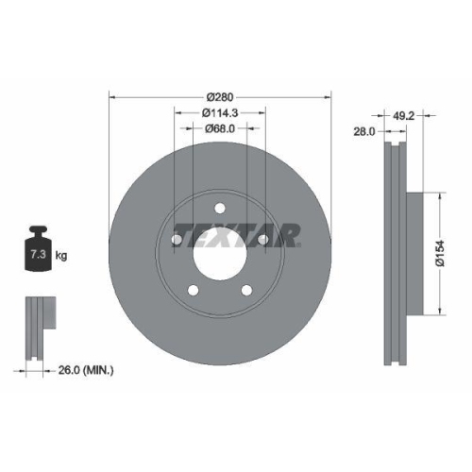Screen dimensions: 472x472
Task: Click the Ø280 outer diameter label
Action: click(x=221, y=95)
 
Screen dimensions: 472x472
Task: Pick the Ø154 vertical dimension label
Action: click(x=440, y=255)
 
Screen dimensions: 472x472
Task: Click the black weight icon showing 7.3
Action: click(x=37, y=250)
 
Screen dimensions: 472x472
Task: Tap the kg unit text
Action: click(x=62, y=255)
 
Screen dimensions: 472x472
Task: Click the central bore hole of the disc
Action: click(x=219, y=250)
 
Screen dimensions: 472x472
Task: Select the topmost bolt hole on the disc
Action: click(x=219, y=210)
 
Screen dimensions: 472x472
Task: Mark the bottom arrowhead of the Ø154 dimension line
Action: click(x=440, y=312)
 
